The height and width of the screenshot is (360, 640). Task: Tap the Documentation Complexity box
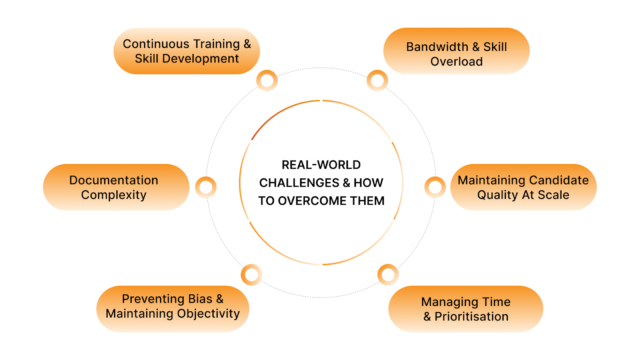[115, 187]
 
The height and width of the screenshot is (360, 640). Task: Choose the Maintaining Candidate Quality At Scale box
[523, 187]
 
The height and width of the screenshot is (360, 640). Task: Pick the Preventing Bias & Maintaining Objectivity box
[171, 306]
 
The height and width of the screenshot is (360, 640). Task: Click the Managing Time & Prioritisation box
[464, 309]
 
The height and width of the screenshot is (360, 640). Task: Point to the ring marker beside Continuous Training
[266, 80]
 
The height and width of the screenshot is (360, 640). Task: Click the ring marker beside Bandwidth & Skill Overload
[376, 80]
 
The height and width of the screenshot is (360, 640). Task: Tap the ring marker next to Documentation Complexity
[206, 186]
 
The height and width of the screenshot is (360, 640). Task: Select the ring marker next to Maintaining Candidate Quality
[435, 186]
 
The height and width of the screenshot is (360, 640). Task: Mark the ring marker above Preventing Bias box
[251, 272]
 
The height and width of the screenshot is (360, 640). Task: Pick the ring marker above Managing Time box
[387, 272]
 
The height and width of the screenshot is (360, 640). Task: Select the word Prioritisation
[472, 318]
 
